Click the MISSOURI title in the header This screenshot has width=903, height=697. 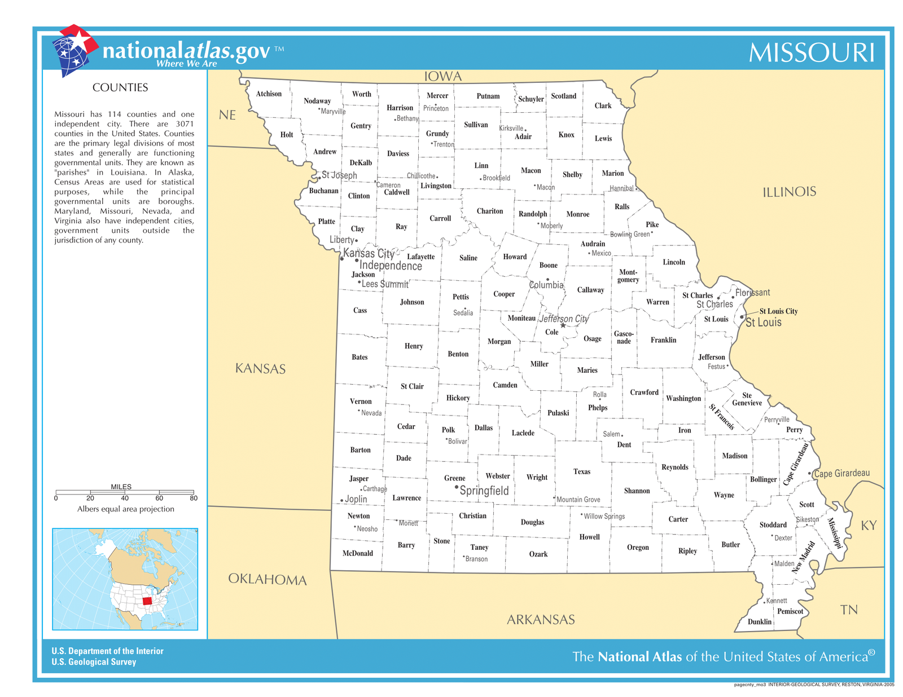[811, 53]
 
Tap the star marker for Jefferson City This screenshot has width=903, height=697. [563, 325]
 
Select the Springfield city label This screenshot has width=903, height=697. [484, 491]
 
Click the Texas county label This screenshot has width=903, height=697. [582, 471]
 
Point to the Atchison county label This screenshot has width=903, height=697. [269, 94]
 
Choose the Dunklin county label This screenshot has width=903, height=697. [760, 621]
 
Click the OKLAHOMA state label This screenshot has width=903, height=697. [268, 580]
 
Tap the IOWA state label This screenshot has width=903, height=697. [443, 77]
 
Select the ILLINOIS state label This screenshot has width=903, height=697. [789, 192]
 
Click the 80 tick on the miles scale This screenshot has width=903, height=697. [194, 498]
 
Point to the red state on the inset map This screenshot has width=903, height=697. [147, 601]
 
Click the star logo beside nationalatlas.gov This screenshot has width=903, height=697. [74, 50]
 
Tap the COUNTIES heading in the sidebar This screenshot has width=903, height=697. [120, 87]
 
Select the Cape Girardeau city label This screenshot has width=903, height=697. [841, 473]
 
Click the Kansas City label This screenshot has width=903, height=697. [369, 253]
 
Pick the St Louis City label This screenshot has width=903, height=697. [778, 311]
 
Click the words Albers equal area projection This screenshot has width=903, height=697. [125, 509]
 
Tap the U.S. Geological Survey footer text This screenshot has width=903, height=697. [94, 662]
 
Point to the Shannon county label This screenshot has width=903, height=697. [637, 491]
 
